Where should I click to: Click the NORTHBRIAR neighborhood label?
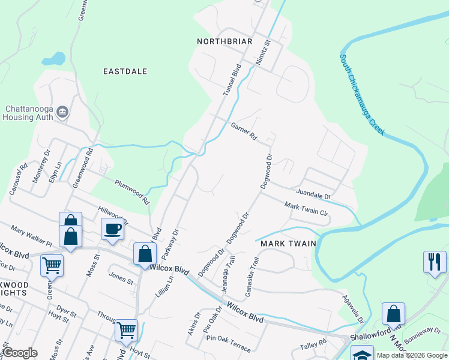[223, 41]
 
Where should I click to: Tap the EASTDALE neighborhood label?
[125, 71]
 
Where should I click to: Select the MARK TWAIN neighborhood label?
[285, 244]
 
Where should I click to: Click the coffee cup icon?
[112, 229]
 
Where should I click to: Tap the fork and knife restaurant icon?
[435, 262]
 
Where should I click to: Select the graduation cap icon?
[362, 355]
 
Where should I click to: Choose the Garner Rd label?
[244, 131]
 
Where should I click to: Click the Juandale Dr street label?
[313, 194]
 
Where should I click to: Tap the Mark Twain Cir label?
[306, 209]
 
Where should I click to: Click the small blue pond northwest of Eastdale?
[53, 59]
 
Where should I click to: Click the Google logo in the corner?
[20, 353]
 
